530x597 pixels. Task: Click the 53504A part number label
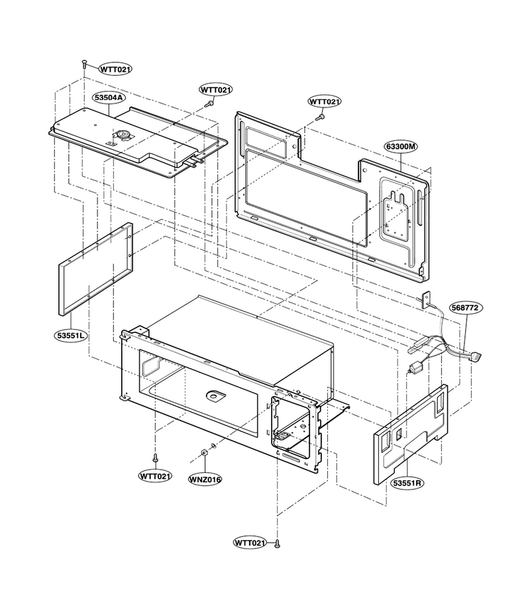[109, 98]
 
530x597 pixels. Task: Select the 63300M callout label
[401, 146]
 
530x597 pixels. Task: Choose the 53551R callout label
[407, 483]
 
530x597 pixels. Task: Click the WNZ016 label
[205, 479]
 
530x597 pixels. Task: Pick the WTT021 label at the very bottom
[250, 543]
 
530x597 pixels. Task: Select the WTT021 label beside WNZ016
[155, 476]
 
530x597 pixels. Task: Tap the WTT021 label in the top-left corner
[115, 69]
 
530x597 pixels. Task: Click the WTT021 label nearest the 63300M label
[325, 101]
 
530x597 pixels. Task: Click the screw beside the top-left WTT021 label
[84, 64]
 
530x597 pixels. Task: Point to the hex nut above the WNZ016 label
[203, 452]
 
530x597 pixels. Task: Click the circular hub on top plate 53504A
[123, 133]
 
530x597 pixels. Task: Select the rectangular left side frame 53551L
[96, 269]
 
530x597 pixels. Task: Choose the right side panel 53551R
[411, 434]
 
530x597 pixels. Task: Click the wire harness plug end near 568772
[476, 358]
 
